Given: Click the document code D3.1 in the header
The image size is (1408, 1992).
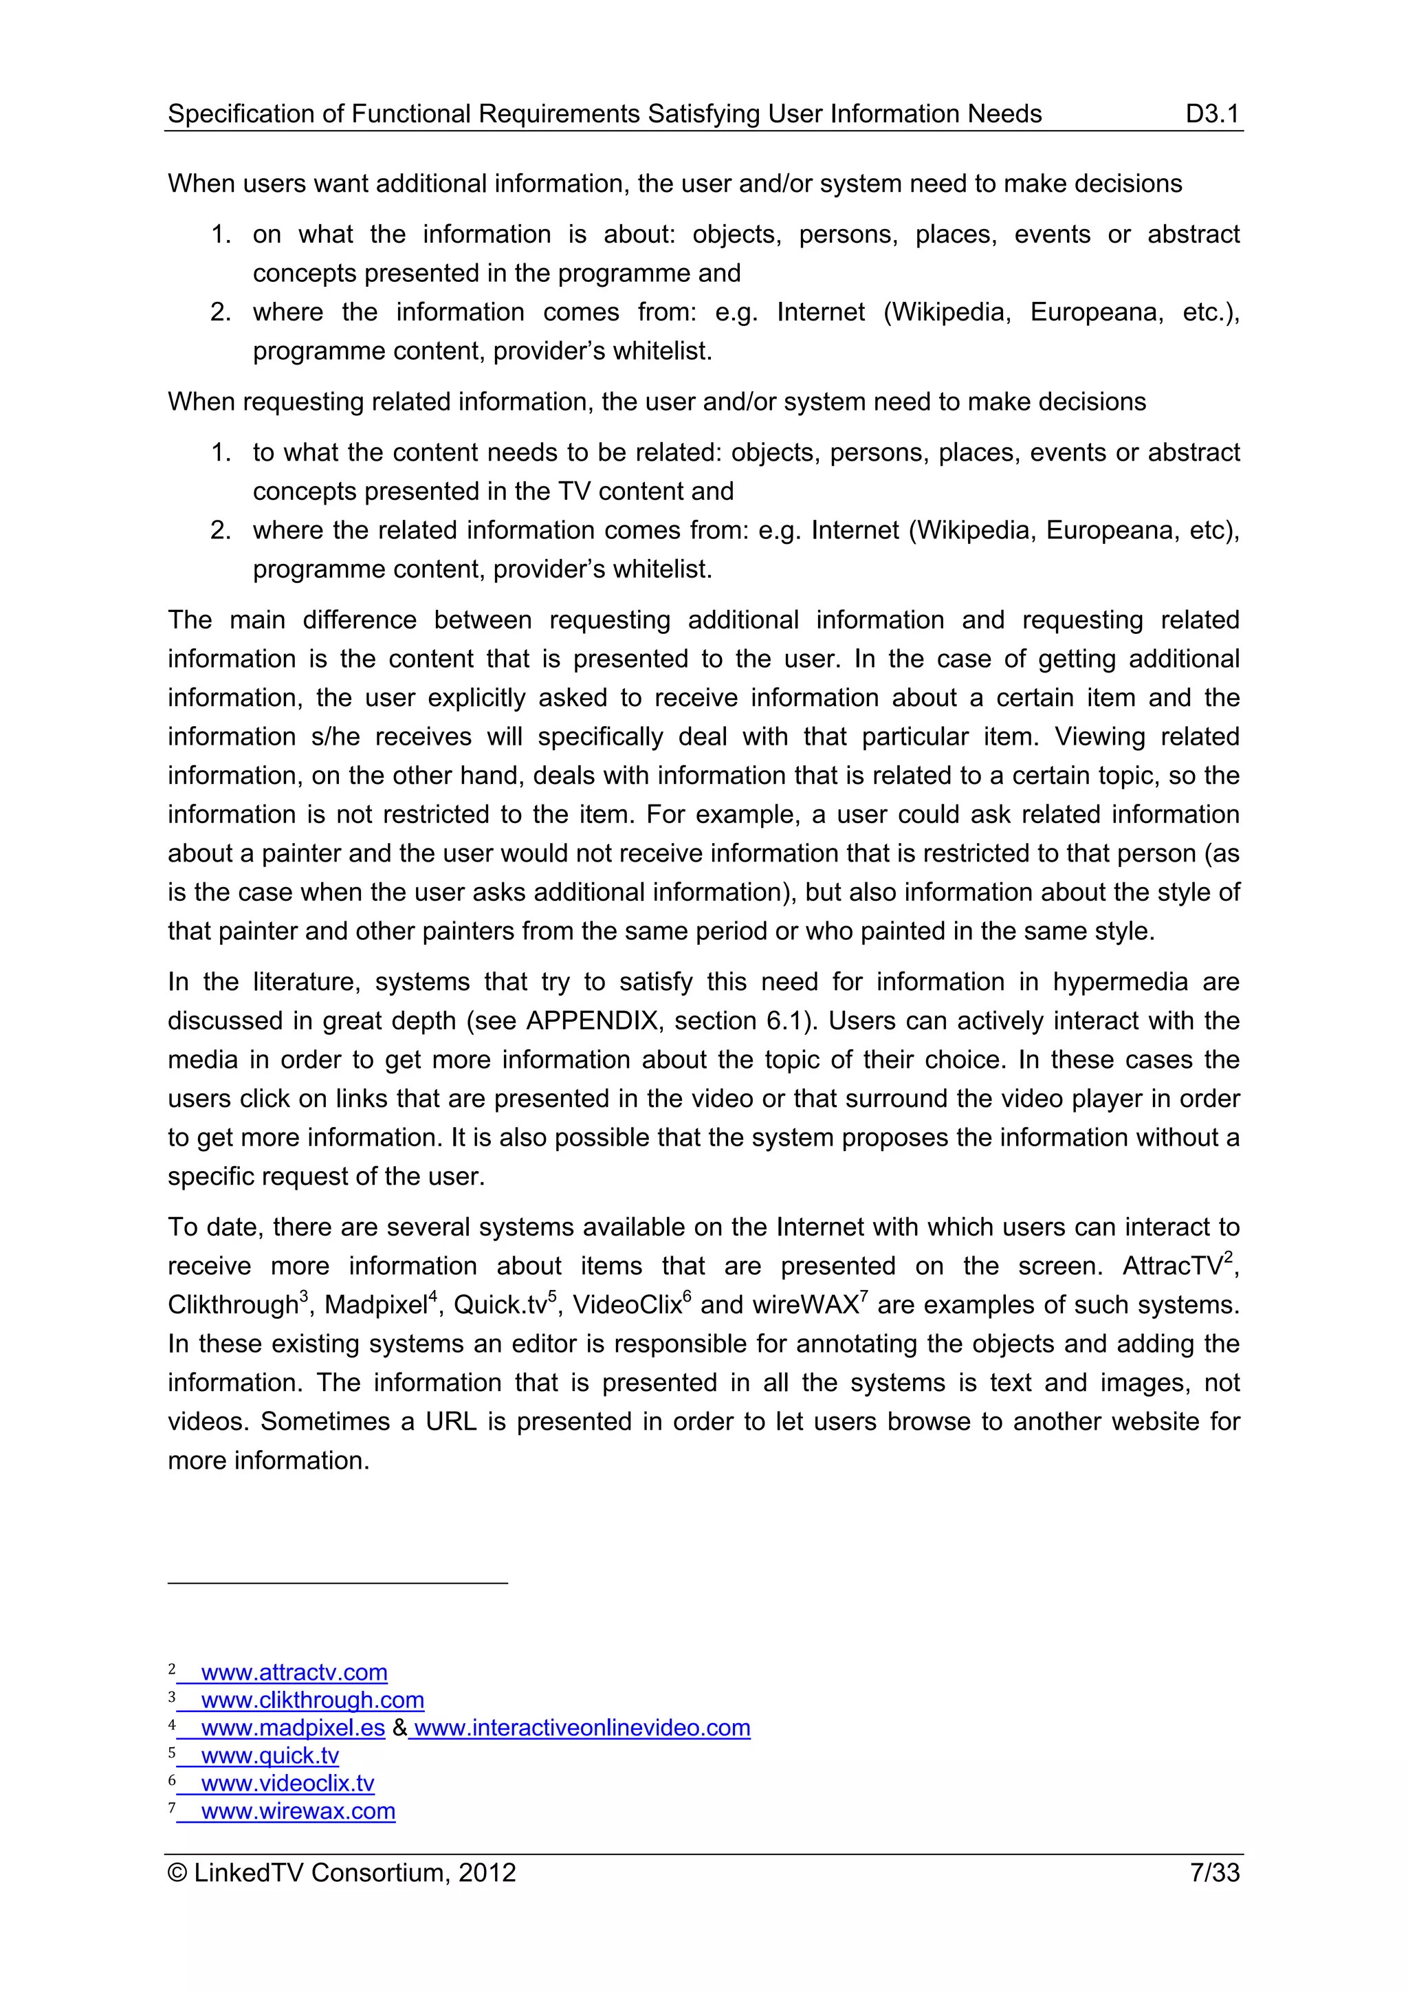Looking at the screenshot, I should (1211, 113).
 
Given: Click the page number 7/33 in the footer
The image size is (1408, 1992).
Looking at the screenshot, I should (1213, 1872).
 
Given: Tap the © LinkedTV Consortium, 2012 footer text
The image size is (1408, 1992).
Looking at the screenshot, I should (342, 1872).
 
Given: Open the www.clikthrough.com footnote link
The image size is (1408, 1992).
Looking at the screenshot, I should (312, 1700).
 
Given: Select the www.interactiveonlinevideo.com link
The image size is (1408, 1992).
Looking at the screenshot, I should (582, 1727).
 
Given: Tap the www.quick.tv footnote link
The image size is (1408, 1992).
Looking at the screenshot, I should (269, 1755).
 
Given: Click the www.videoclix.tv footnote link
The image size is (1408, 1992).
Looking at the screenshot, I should (287, 1783).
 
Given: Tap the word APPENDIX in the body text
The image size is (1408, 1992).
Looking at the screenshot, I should (592, 1020).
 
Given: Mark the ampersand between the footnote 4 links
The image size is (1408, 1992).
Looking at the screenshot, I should (399, 1727).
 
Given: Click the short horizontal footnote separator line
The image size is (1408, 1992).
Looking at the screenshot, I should (338, 1584).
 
